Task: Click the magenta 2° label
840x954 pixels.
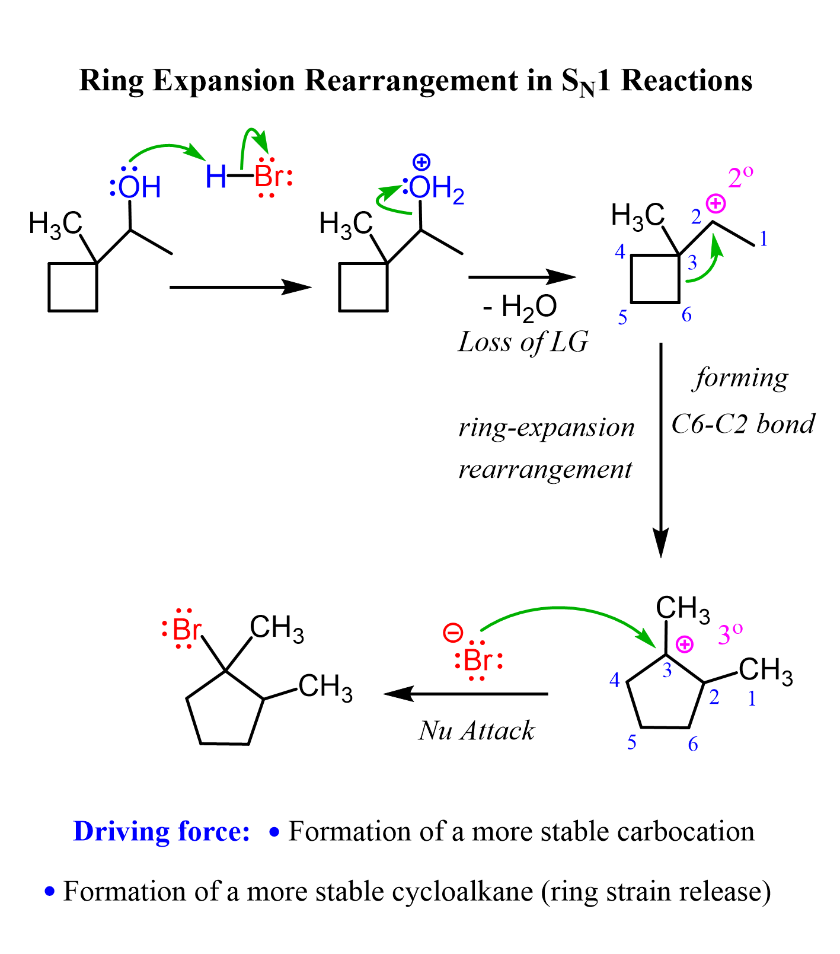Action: [740, 178]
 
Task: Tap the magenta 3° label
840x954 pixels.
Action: [730, 636]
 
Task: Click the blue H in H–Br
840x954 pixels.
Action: [216, 177]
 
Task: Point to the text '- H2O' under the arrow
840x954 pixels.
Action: [520, 308]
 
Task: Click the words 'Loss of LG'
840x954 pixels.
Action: [523, 342]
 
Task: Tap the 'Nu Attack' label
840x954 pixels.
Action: [476, 730]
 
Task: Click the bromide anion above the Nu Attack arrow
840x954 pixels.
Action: [478, 661]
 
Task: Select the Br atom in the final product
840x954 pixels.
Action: [185, 630]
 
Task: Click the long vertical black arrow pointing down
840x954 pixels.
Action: [660, 451]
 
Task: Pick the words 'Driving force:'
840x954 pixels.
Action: [161, 831]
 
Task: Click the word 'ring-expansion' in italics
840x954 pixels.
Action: [547, 427]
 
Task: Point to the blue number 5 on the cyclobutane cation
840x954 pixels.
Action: [622, 318]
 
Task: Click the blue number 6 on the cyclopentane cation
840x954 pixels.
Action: [692, 745]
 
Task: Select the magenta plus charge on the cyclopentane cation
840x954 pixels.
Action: [684, 644]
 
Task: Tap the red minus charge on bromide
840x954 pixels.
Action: [453, 633]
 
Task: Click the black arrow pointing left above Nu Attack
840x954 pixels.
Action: [466, 694]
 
